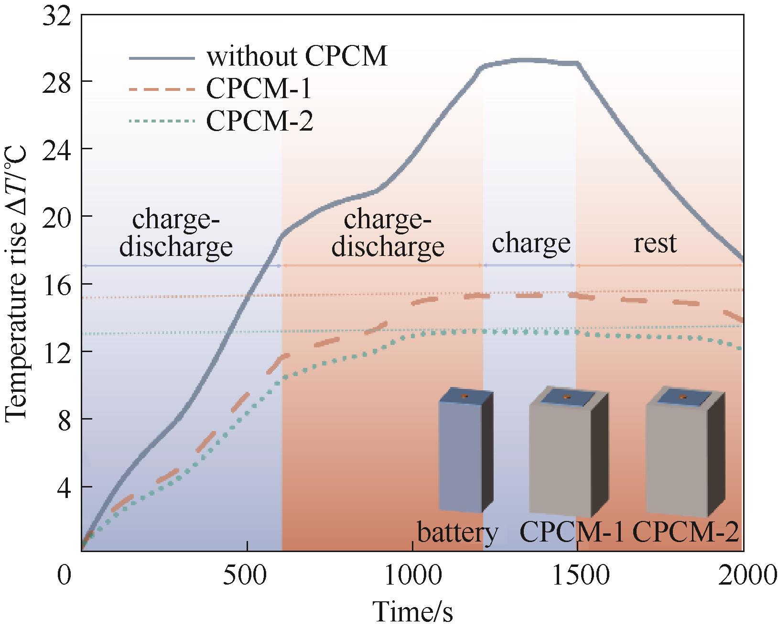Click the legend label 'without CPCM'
click(296, 57)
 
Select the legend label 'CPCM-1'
click(259, 89)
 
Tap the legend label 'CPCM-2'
click(259, 121)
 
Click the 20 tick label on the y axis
click(56, 216)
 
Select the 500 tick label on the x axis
click(247, 576)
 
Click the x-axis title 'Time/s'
click(412, 613)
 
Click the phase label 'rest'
click(655, 243)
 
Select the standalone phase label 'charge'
click(531, 243)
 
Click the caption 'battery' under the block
click(457, 532)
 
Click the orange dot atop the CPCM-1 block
click(567, 397)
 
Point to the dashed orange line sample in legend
click(162, 89)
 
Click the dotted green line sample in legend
click(162, 122)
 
